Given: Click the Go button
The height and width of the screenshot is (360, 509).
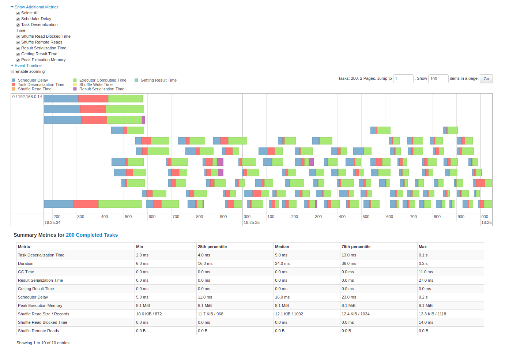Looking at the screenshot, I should click(486, 79).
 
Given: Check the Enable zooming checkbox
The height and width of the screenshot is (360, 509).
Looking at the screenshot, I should click(12, 72).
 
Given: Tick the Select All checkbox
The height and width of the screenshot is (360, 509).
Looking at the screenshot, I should click(18, 13).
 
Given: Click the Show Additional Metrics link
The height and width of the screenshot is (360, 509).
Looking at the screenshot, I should click(36, 7).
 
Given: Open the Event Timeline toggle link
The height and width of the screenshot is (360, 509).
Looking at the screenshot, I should click(28, 65).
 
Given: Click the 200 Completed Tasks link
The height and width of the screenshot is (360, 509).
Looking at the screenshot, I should click(92, 235).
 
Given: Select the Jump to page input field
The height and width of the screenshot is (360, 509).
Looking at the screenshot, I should click(403, 79).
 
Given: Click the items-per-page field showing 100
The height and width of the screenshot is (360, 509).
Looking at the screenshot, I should click(438, 79).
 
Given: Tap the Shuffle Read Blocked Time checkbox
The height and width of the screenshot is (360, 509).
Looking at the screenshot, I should click(18, 37).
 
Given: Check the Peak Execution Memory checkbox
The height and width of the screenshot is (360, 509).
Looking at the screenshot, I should click(18, 60).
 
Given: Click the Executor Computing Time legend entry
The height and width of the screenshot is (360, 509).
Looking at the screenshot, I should click(102, 80).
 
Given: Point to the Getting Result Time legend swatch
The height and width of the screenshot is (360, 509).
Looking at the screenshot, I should click(136, 80).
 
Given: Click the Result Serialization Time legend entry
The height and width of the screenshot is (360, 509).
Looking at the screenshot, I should click(102, 89).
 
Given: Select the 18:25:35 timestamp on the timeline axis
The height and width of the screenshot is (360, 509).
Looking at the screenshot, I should click(252, 222).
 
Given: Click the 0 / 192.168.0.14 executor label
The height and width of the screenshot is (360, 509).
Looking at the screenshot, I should click(27, 97).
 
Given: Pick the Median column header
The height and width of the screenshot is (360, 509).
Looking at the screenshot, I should click(282, 247).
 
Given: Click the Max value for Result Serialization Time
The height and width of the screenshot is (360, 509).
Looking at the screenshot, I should click(426, 280).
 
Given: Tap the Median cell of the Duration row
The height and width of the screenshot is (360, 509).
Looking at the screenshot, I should click(282, 263).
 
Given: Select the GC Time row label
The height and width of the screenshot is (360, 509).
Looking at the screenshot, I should click(26, 272).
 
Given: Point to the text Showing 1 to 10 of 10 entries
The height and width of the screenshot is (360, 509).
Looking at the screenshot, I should click(43, 343).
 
